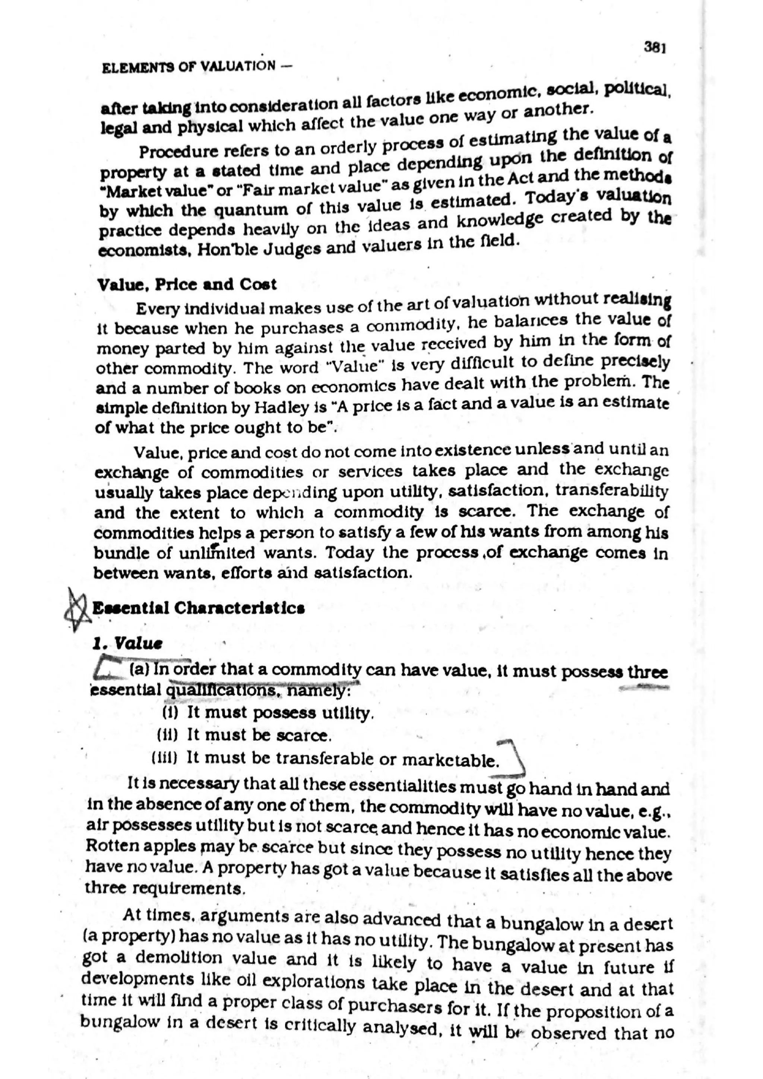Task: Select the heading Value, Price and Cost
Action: (x=187, y=284)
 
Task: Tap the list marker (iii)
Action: (x=165, y=757)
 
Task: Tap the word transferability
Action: (x=611, y=490)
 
